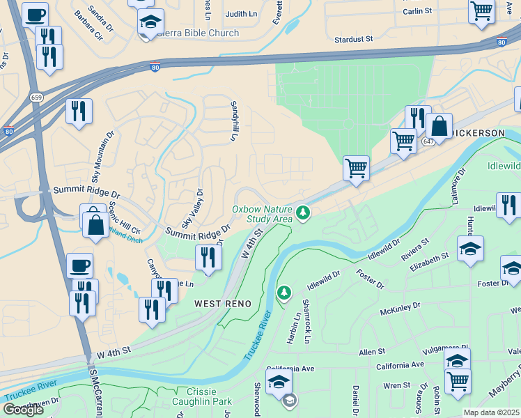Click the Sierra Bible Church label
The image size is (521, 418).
[x=198, y=33]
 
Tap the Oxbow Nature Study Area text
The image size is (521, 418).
[x=261, y=214]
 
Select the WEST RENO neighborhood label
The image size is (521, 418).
[x=221, y=304]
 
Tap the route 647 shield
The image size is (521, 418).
[x=426, y=141]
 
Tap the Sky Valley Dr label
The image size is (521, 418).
[x=192, y=208]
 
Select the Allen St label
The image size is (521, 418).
[x=371, y=353]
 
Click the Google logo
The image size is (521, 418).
[x=23, y=410]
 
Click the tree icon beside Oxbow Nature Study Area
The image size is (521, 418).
[x=302, y=212]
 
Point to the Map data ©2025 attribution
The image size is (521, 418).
[x=491, y=412]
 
